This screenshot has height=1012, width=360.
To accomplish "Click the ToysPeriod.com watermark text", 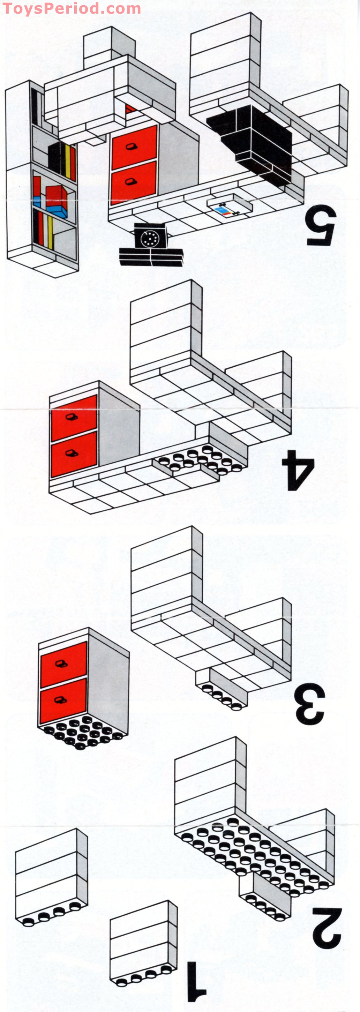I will coord(72,8).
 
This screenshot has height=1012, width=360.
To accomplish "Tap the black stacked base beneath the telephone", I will coord(151,257).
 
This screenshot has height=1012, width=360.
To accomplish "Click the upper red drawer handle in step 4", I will coord(72,417).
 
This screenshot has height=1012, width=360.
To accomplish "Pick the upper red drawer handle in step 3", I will coord(62,664).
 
